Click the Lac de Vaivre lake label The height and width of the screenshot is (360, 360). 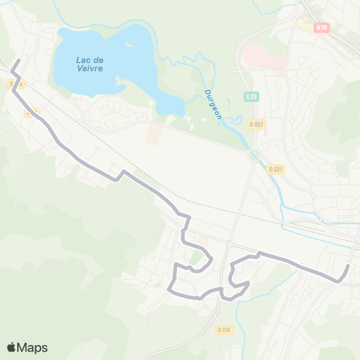tap(89, 63)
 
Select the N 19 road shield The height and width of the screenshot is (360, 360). tap(322, 28)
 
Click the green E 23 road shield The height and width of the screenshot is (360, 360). tap(251, 97)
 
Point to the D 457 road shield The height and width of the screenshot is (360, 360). tap(257, 124)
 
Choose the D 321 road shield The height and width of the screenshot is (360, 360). tap(275, 169)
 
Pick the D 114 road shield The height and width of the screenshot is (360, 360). tap(223, 329)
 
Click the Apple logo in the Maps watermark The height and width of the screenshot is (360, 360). tap(12, 347)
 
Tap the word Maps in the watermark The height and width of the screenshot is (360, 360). tap(32, 348)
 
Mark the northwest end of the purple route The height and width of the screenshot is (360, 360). tap(18, 59)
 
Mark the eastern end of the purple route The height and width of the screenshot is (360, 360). tap(349, 266)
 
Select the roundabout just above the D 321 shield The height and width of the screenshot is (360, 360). tap(255, 154)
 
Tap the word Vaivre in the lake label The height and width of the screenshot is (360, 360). tap(89, 68)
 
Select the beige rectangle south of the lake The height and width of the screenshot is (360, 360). tap(154, 134)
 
